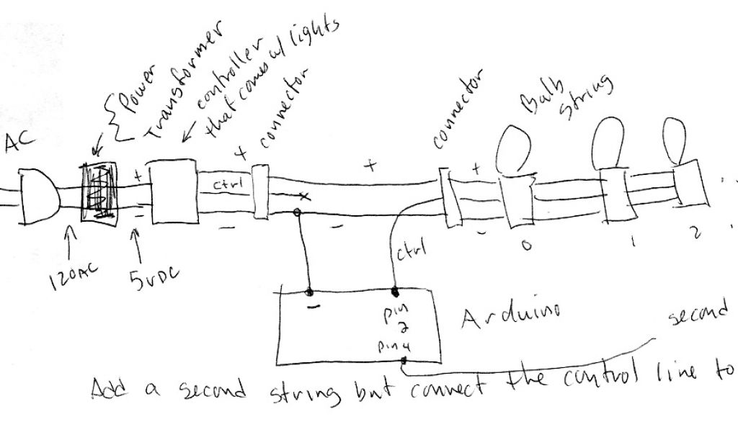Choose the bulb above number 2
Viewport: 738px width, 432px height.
tap(674, 138)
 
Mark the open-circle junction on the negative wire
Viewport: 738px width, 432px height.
tap(295, 213)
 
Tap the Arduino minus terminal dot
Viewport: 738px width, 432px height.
tap(310, 292)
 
